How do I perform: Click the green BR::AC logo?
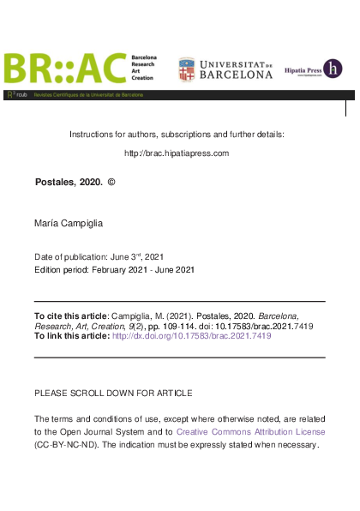coord(64,69)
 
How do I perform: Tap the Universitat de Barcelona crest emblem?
coord(186,69)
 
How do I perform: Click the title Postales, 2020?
coord(69,183)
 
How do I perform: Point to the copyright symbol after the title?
coord(111,183)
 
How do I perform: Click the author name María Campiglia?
coord(69,223)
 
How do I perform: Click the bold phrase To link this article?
coord(71,337)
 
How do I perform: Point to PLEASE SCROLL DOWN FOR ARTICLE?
coord(112,392)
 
